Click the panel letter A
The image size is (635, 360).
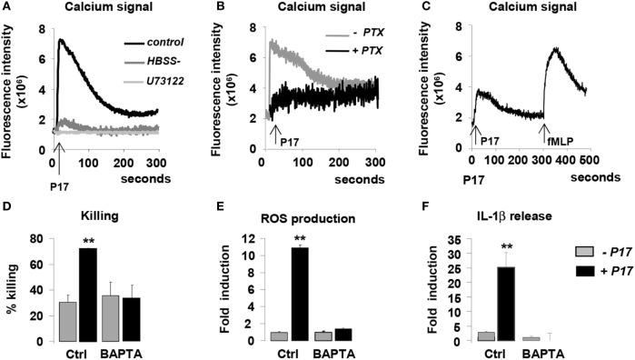click(8, 8)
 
